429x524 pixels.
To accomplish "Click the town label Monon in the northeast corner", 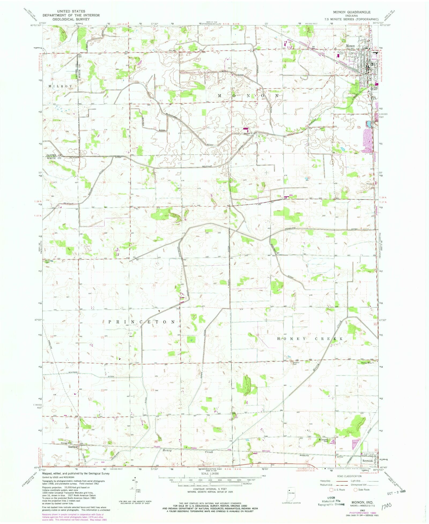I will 350,46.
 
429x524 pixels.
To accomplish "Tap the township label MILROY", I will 60,86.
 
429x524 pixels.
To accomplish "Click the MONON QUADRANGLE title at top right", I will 352,12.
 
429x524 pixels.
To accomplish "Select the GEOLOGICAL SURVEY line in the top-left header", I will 71,19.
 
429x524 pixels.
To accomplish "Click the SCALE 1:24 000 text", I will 210,474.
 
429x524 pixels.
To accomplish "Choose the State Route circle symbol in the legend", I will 356,490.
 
